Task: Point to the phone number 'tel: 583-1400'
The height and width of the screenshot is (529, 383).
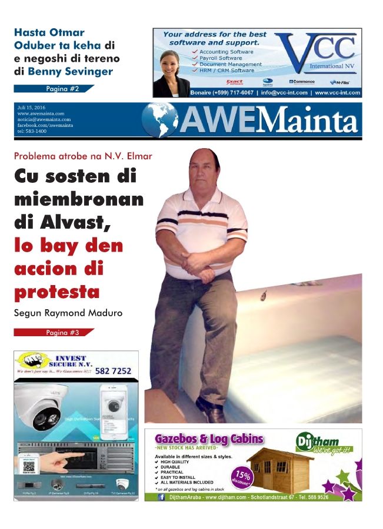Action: click(32, 131)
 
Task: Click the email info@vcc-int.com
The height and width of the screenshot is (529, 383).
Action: click(284, 93)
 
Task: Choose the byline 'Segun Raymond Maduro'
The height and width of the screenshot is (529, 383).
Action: click(68, 313)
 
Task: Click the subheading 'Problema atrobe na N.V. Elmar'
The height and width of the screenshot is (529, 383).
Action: click(82, 156)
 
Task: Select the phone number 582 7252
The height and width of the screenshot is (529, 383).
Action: click(115, 371)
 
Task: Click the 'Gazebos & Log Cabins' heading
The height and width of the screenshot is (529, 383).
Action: click(209, 439)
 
